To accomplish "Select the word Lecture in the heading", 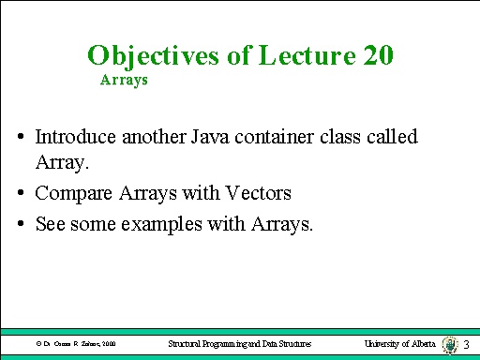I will (x=288, y=55).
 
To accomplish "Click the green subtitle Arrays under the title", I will (x=124, y=81).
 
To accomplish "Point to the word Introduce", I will (x=72, y=137).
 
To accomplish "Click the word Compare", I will (x=67, y=194).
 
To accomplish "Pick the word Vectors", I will (x=259, y=194).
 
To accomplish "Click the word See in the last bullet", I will (x=50, y=225).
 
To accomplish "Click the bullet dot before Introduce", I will (x=21, y=138).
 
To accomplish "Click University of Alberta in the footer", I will (x=400, y=344).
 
